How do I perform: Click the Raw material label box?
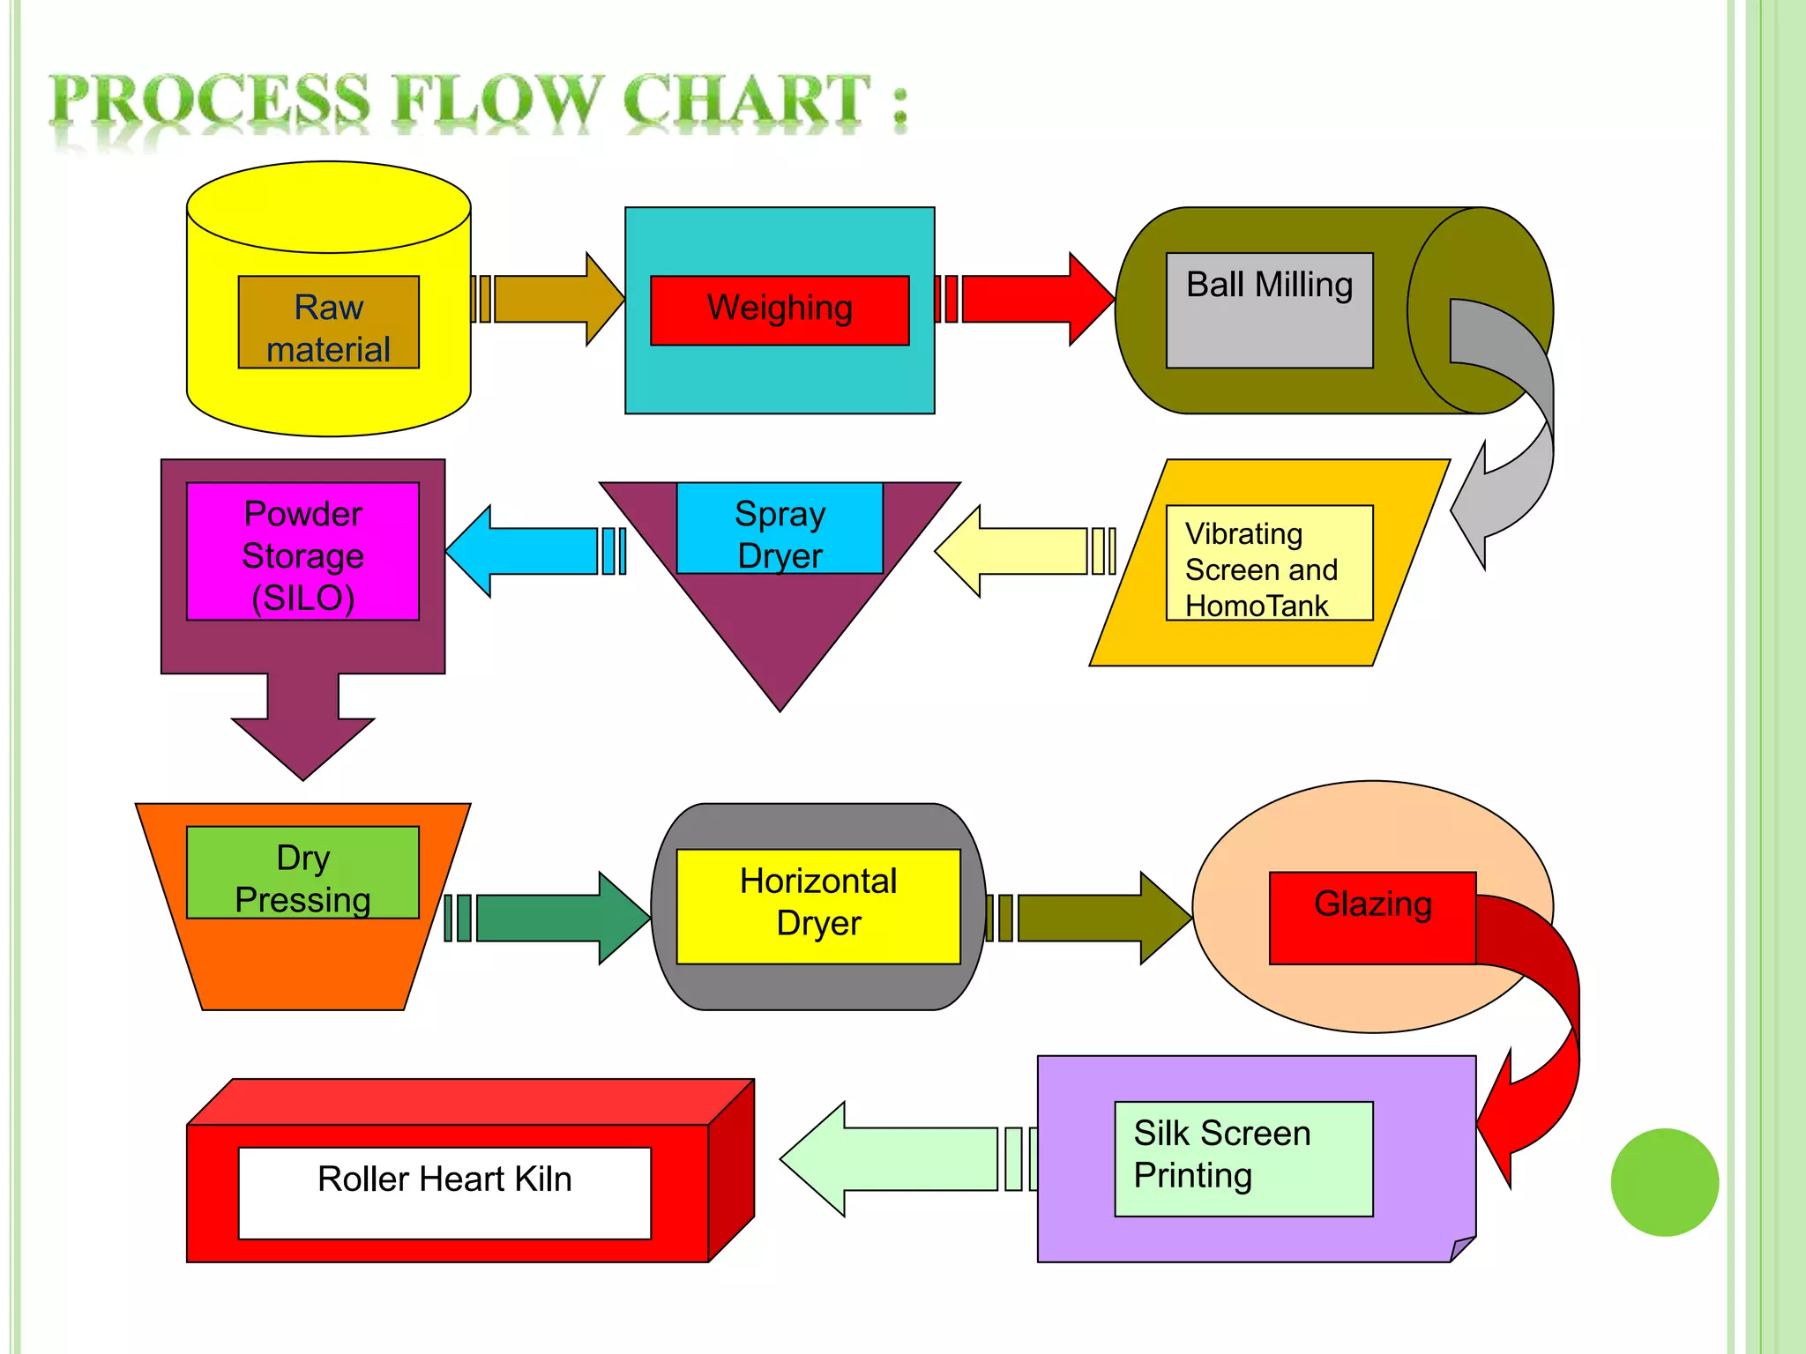tap(328, 323)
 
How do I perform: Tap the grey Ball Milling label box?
tap(1269, 310)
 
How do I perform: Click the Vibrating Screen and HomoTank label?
tap(1269, 563)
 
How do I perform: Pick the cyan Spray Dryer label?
tap(780, 528)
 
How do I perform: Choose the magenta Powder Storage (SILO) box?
tap(302, 552)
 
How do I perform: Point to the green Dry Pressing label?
tap(302, 873)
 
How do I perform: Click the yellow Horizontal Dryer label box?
tap(818, 906)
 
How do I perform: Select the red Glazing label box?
tap(1372, 918)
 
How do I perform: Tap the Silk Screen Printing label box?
tap(1243, 1158)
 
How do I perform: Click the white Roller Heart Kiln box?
tap(444, 1193)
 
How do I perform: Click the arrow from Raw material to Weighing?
tap(556, 300)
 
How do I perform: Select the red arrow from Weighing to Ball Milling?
tap(1032, 300)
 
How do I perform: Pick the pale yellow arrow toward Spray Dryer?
tap(1023, 551)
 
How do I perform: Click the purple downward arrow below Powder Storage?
tap(302, 723)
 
